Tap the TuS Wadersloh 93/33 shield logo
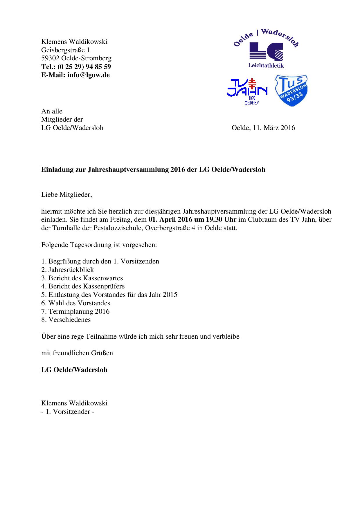point(291,91)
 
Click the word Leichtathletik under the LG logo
point(266,65)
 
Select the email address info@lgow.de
point(88,75)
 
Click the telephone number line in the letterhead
point(76,66)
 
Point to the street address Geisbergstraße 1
point(66,50)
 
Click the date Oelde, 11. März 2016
point(263,128)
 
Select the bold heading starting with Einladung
point(153,169)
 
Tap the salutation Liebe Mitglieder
point(66,194)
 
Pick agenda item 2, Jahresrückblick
point(68,270)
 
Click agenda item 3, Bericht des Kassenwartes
point(82,278)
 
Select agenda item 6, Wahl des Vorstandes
point(76,303)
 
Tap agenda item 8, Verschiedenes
point(66,320)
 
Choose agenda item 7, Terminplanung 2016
point(75,311)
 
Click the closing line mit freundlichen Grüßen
point(77,353)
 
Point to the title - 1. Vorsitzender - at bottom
point(68,411)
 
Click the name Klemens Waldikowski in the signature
point(74,403)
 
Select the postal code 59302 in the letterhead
point(50,58)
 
